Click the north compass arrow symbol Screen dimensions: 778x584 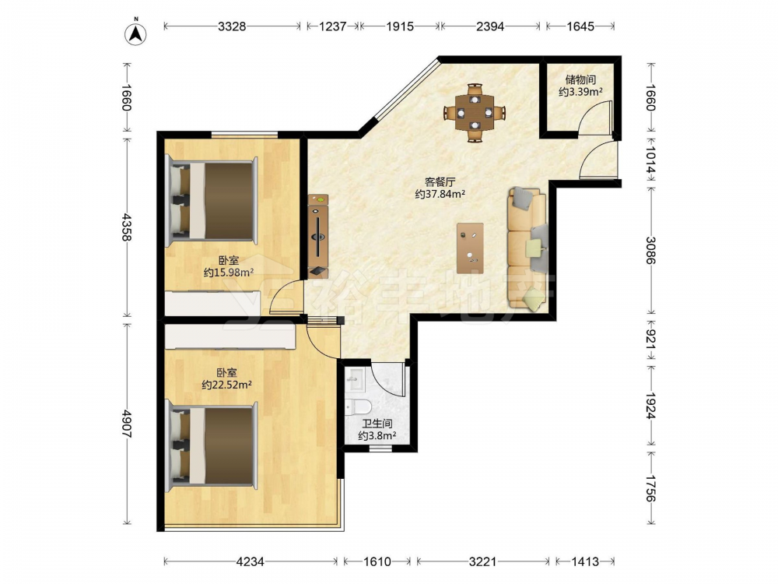pos(135,33)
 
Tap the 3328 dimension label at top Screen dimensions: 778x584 pos(232,26)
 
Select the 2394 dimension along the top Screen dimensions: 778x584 pos(490,26)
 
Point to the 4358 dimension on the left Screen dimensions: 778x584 pos(126,227)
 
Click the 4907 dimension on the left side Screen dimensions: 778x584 pos(126,424)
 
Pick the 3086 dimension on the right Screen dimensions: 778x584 pos(650,250)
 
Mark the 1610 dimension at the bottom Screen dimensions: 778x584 pos(377,561)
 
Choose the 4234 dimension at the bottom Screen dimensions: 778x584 pos(251,561)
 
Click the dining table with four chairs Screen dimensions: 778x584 pos(475,113)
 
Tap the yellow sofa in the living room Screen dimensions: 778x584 pos(527,249)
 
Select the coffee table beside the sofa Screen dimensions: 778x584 pos(471,248)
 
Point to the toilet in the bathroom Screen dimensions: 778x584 pos(359,407)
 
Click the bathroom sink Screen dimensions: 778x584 pos(356,380)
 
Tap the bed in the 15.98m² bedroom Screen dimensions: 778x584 pos(212,201)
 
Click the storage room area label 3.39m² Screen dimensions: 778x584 pos(580,92)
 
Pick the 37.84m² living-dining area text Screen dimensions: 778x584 pos(440,194)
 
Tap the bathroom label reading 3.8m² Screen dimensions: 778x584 pos(377,436)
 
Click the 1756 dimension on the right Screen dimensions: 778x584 pos(650,488)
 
